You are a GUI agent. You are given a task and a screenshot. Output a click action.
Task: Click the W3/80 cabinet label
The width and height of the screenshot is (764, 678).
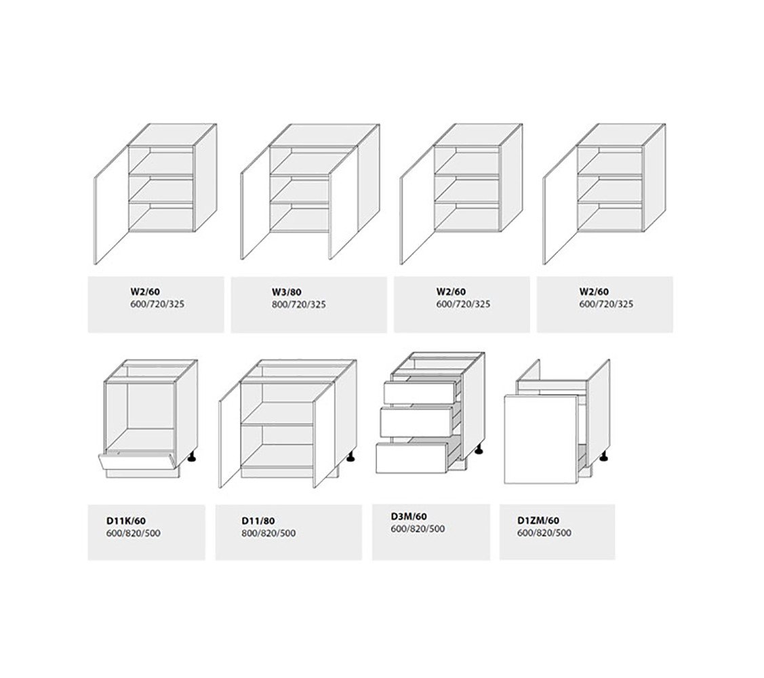coord(287,292)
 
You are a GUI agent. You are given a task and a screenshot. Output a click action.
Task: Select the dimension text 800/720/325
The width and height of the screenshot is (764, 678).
coord(299,304)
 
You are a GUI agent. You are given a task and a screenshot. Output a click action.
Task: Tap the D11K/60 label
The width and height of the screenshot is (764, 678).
coord(125,521)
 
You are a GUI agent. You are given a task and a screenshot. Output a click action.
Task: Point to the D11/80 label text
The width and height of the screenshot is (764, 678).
coord(258,521)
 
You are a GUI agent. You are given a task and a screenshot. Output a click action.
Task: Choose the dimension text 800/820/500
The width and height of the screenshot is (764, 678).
coord(268,533)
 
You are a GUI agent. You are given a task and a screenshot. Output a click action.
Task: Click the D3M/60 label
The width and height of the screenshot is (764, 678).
coord(409,517)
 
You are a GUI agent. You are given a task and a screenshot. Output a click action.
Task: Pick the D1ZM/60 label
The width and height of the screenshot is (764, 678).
coord(538,521)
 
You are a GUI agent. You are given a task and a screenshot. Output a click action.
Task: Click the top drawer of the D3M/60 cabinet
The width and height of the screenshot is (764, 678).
coord(419,393)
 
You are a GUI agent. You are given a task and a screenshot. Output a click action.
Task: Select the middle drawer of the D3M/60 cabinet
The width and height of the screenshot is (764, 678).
coord(416,421)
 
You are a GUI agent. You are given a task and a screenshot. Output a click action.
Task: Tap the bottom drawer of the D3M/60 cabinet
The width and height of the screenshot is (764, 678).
coord(411,456)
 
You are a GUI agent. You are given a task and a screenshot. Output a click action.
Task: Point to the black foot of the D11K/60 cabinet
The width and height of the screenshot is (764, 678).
coord(193,457)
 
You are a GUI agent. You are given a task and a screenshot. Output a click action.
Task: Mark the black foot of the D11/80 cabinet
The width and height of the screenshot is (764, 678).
coord(350,457)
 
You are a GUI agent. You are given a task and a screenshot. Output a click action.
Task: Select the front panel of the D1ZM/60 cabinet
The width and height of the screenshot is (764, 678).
coord(540,439)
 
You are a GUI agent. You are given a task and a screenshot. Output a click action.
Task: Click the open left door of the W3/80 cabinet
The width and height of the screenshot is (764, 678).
coord(255,202)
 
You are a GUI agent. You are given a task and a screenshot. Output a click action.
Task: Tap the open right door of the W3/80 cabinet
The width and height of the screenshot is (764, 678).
coord(344,202)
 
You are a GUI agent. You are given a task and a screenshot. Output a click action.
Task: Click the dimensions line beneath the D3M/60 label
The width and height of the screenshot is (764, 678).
coord(418,529)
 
